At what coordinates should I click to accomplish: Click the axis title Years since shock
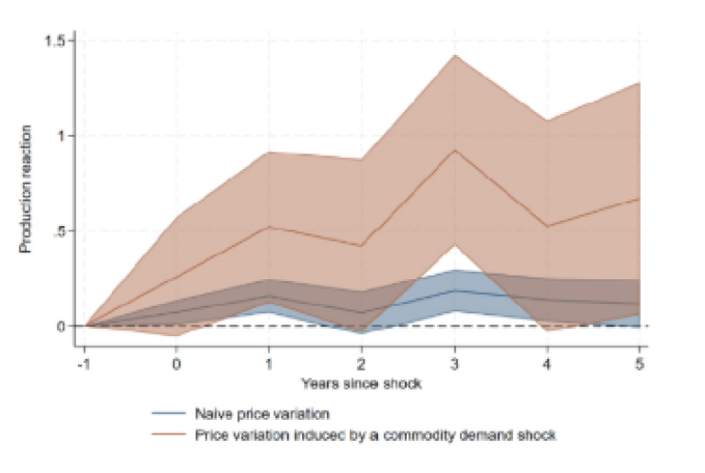tap(363, 383)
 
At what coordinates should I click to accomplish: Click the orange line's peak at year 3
tap(454, 150)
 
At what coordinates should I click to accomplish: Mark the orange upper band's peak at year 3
tap(454, 55)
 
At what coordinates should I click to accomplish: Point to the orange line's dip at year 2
tap(362, 246)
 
